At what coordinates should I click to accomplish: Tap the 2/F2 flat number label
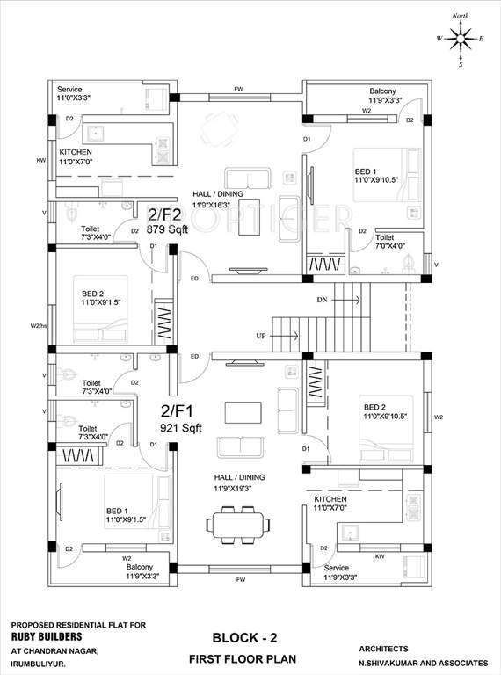coord(165,214)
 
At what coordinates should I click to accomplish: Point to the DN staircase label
coord(323,300)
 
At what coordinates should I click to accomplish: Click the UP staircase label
coord(260,336)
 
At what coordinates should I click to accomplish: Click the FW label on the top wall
coord(238,89)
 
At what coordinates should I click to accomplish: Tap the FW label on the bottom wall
coord(240,581)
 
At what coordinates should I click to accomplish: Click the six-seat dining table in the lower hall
coord(236,527)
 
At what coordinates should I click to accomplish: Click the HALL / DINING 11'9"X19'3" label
coord(238,483)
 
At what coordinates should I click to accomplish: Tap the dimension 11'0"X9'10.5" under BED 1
coord(377,179)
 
